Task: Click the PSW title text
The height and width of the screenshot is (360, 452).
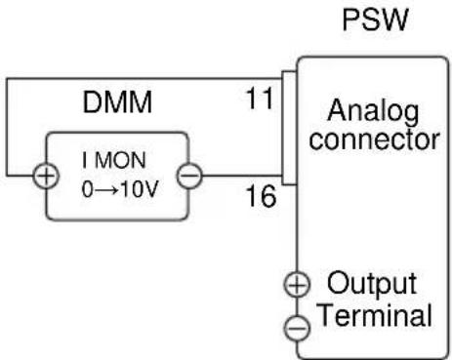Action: click(375, 20)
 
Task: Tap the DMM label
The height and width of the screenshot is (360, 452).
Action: click(117, 102)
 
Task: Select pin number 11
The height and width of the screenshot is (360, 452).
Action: click(260, 99)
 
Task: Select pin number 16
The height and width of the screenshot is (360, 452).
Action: click(262, 196)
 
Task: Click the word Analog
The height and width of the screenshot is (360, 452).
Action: click(373, 111)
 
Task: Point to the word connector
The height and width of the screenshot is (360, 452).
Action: click(375, 140)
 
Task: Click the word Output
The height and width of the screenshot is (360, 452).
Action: click(372, 284)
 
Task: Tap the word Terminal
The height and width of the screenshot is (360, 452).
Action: click(376, 314)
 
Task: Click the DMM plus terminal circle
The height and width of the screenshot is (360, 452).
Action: click(46, 176)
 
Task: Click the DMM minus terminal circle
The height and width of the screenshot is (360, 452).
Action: click(189, 176)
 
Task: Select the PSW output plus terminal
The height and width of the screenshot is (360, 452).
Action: click(297, 285)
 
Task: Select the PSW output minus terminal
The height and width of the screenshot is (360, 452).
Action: click(297, 328)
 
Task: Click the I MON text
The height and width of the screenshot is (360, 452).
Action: click(114, 160)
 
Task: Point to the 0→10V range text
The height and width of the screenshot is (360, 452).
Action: click(120, 189)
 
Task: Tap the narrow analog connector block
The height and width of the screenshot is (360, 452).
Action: click(289, 128)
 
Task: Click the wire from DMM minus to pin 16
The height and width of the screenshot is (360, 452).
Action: click(242, 176)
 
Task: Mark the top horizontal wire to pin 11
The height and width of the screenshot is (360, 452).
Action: click(144, 79)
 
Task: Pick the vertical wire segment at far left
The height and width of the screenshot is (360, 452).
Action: click(8, 127)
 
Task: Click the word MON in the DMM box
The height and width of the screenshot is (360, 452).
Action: click(120, 160)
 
